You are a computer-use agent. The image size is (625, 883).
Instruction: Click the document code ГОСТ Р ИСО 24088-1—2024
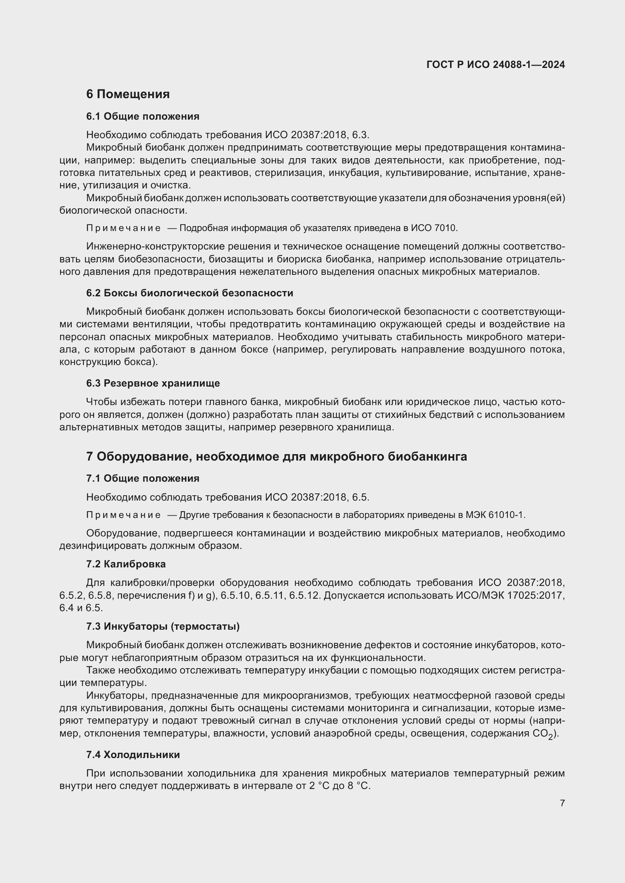click(495, 65)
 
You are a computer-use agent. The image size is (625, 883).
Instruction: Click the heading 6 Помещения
click(128, 94)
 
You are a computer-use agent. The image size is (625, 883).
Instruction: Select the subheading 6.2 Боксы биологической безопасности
click(189, 293)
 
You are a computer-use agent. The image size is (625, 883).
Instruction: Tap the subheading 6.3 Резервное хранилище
click(153, 383)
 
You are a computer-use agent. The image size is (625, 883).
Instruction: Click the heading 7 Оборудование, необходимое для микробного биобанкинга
click(276, 456)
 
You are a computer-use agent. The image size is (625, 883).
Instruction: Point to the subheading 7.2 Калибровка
click(126, 564)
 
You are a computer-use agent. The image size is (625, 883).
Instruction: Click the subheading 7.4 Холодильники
click(133, 755)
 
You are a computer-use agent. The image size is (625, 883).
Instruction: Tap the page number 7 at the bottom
click(562, 803)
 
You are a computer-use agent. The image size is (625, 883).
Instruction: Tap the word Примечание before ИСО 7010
click(123, 228)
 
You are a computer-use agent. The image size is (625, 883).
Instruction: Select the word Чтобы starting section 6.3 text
click(101, 402)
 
